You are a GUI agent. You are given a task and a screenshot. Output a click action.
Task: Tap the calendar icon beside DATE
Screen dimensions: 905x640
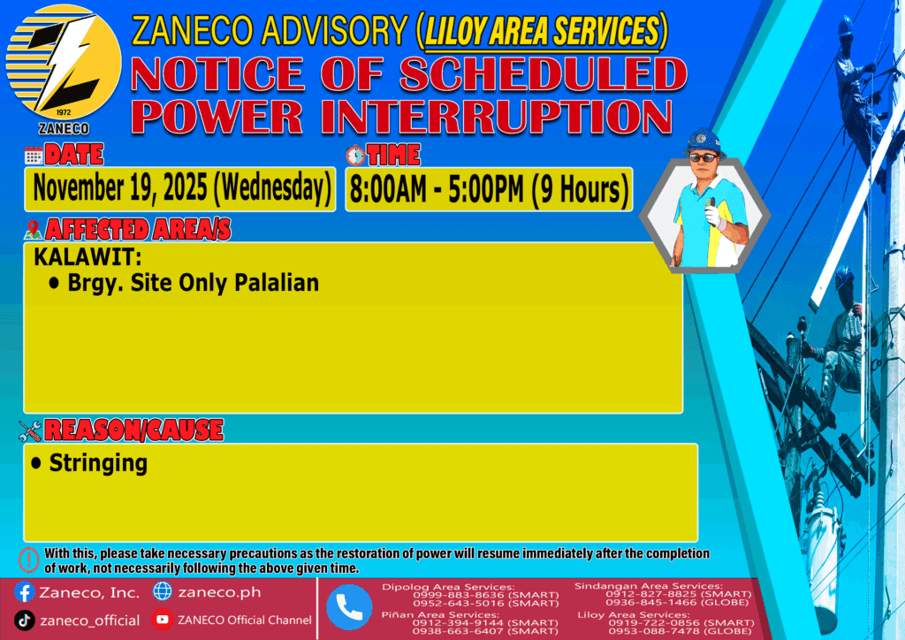pos(34,156)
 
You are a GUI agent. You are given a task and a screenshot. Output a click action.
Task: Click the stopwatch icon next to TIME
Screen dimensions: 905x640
pos(355,156)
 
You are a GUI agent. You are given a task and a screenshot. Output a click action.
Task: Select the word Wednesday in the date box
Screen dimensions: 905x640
pos(273,188)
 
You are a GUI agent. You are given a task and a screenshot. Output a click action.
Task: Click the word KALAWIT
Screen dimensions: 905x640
pos(87,257)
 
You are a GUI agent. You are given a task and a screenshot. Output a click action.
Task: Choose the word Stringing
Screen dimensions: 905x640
pos(98,463)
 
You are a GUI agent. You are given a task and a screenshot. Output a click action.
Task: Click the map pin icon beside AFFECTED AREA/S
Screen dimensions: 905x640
pos(33,229)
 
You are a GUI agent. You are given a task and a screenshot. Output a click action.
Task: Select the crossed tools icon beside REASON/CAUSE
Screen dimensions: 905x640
pos(29,430)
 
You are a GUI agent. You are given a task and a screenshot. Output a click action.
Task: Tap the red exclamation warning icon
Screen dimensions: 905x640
pos(29,560)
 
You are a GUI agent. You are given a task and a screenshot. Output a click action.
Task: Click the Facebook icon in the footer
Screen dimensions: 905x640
pos(24,592)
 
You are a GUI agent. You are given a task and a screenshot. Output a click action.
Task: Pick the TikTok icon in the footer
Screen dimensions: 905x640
pos(24,621)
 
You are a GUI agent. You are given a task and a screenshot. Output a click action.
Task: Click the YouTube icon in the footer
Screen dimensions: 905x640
pos(163,620)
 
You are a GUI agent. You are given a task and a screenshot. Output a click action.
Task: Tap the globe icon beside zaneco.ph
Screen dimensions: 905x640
pos(163,591)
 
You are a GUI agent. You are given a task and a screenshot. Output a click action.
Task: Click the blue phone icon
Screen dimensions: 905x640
pos(349,607)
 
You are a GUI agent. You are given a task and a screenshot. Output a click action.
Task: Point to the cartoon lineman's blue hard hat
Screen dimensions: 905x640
pos(703,142)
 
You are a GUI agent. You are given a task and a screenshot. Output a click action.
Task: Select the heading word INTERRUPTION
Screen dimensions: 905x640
pos(498,117)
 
